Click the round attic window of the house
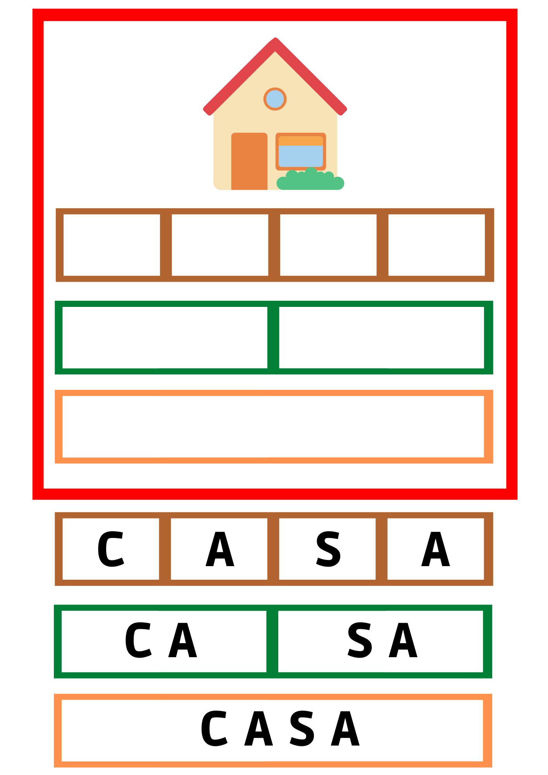(275, 99)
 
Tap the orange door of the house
(249, 161)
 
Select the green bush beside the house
(310, 179)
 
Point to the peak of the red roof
(275, 38)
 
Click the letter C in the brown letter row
(110, 549)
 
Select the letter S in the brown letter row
(328, 549)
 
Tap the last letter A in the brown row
(436, 549)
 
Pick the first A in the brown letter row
(220, 549)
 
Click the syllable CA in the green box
(161, 640)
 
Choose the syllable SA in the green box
(382, 640)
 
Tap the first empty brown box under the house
(112, 245)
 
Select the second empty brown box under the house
(220, 245)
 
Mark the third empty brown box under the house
(328, 245)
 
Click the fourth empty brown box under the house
(436, 245)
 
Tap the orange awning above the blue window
(301, 141)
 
